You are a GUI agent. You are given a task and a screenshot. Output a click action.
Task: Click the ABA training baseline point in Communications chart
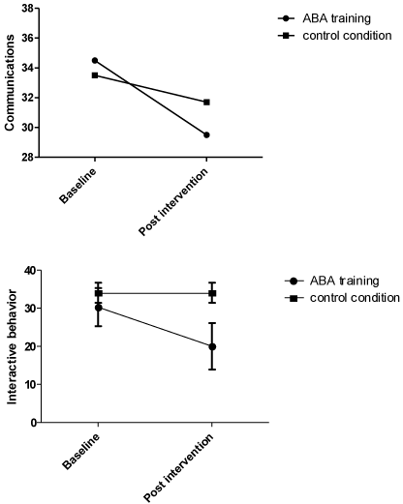(95, 60)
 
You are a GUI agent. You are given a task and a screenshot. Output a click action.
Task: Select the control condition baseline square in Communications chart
(95, 75)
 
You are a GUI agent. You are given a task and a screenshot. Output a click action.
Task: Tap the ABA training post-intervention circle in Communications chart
(206, 134)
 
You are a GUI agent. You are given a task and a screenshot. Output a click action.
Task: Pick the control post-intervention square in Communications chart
(206, 103)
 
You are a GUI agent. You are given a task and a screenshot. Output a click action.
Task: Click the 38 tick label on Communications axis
(28, 8)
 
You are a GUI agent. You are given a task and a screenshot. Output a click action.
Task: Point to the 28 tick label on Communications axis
(28, 157)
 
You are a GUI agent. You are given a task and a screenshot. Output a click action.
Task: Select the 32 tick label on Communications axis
(28, 98)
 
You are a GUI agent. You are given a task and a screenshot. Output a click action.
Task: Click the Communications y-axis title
(10, 82)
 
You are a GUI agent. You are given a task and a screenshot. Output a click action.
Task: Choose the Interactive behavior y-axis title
(12, 347)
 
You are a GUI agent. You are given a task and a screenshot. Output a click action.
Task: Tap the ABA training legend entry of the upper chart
(325, 18)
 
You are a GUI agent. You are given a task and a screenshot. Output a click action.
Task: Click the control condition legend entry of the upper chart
(335, 36)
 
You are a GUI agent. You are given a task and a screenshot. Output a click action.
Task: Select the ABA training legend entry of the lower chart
(332, 281)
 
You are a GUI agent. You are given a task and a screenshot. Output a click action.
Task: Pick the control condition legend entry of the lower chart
(342, 298)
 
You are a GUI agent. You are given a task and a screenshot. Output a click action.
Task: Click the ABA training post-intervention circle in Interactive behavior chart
(212, 346)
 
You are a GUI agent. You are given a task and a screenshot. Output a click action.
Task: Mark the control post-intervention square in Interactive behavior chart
(212, 293)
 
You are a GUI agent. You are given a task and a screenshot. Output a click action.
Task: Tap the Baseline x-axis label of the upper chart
(77, 186)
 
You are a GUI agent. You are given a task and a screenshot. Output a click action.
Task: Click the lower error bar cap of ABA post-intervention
(212, 370)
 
